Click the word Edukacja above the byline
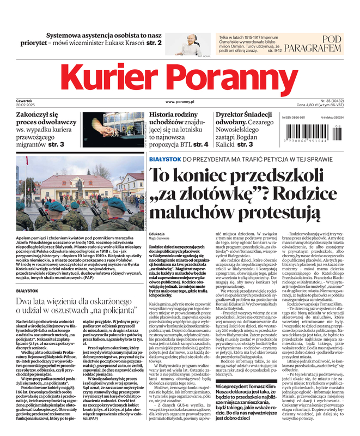pyautogui.click(x=156, y=233)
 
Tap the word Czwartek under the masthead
pyautogui.click(x=25, y=101)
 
